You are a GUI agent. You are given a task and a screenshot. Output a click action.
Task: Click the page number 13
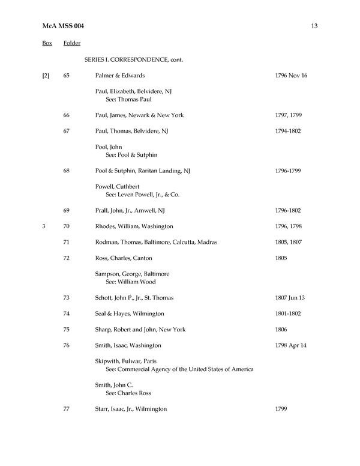[x=314, y=25]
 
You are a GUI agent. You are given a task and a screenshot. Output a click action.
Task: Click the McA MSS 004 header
[x=62, y=25]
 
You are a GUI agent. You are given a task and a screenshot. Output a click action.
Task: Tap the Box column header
[x=47, y=43]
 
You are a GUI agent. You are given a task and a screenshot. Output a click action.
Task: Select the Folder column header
[x=72, y=43]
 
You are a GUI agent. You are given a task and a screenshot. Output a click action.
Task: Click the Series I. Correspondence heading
[x=134, y=60]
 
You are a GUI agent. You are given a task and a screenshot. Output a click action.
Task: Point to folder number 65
[x=67, y=76]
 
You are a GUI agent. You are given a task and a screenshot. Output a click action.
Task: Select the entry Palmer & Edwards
[x=120, y=76]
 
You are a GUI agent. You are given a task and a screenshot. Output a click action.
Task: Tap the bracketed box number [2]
[x=46, y=76]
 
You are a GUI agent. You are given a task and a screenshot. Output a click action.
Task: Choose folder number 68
[x=67, y=171]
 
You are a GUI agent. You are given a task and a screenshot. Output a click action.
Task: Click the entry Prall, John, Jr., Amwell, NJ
[x=130, y=210]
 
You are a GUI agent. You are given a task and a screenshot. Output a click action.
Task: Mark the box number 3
[x=44, y=226]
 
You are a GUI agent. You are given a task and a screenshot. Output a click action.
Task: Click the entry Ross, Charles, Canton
[x=124, y=258]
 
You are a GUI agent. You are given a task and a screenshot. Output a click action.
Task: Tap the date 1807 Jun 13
[x=290, y=298]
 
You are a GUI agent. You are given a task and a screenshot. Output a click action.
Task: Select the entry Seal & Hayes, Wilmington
[x=130, y=313]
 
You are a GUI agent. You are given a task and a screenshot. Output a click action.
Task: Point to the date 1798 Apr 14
[x=290, y=345]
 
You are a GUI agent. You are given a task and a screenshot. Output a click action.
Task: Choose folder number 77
[x=67, y=409]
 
